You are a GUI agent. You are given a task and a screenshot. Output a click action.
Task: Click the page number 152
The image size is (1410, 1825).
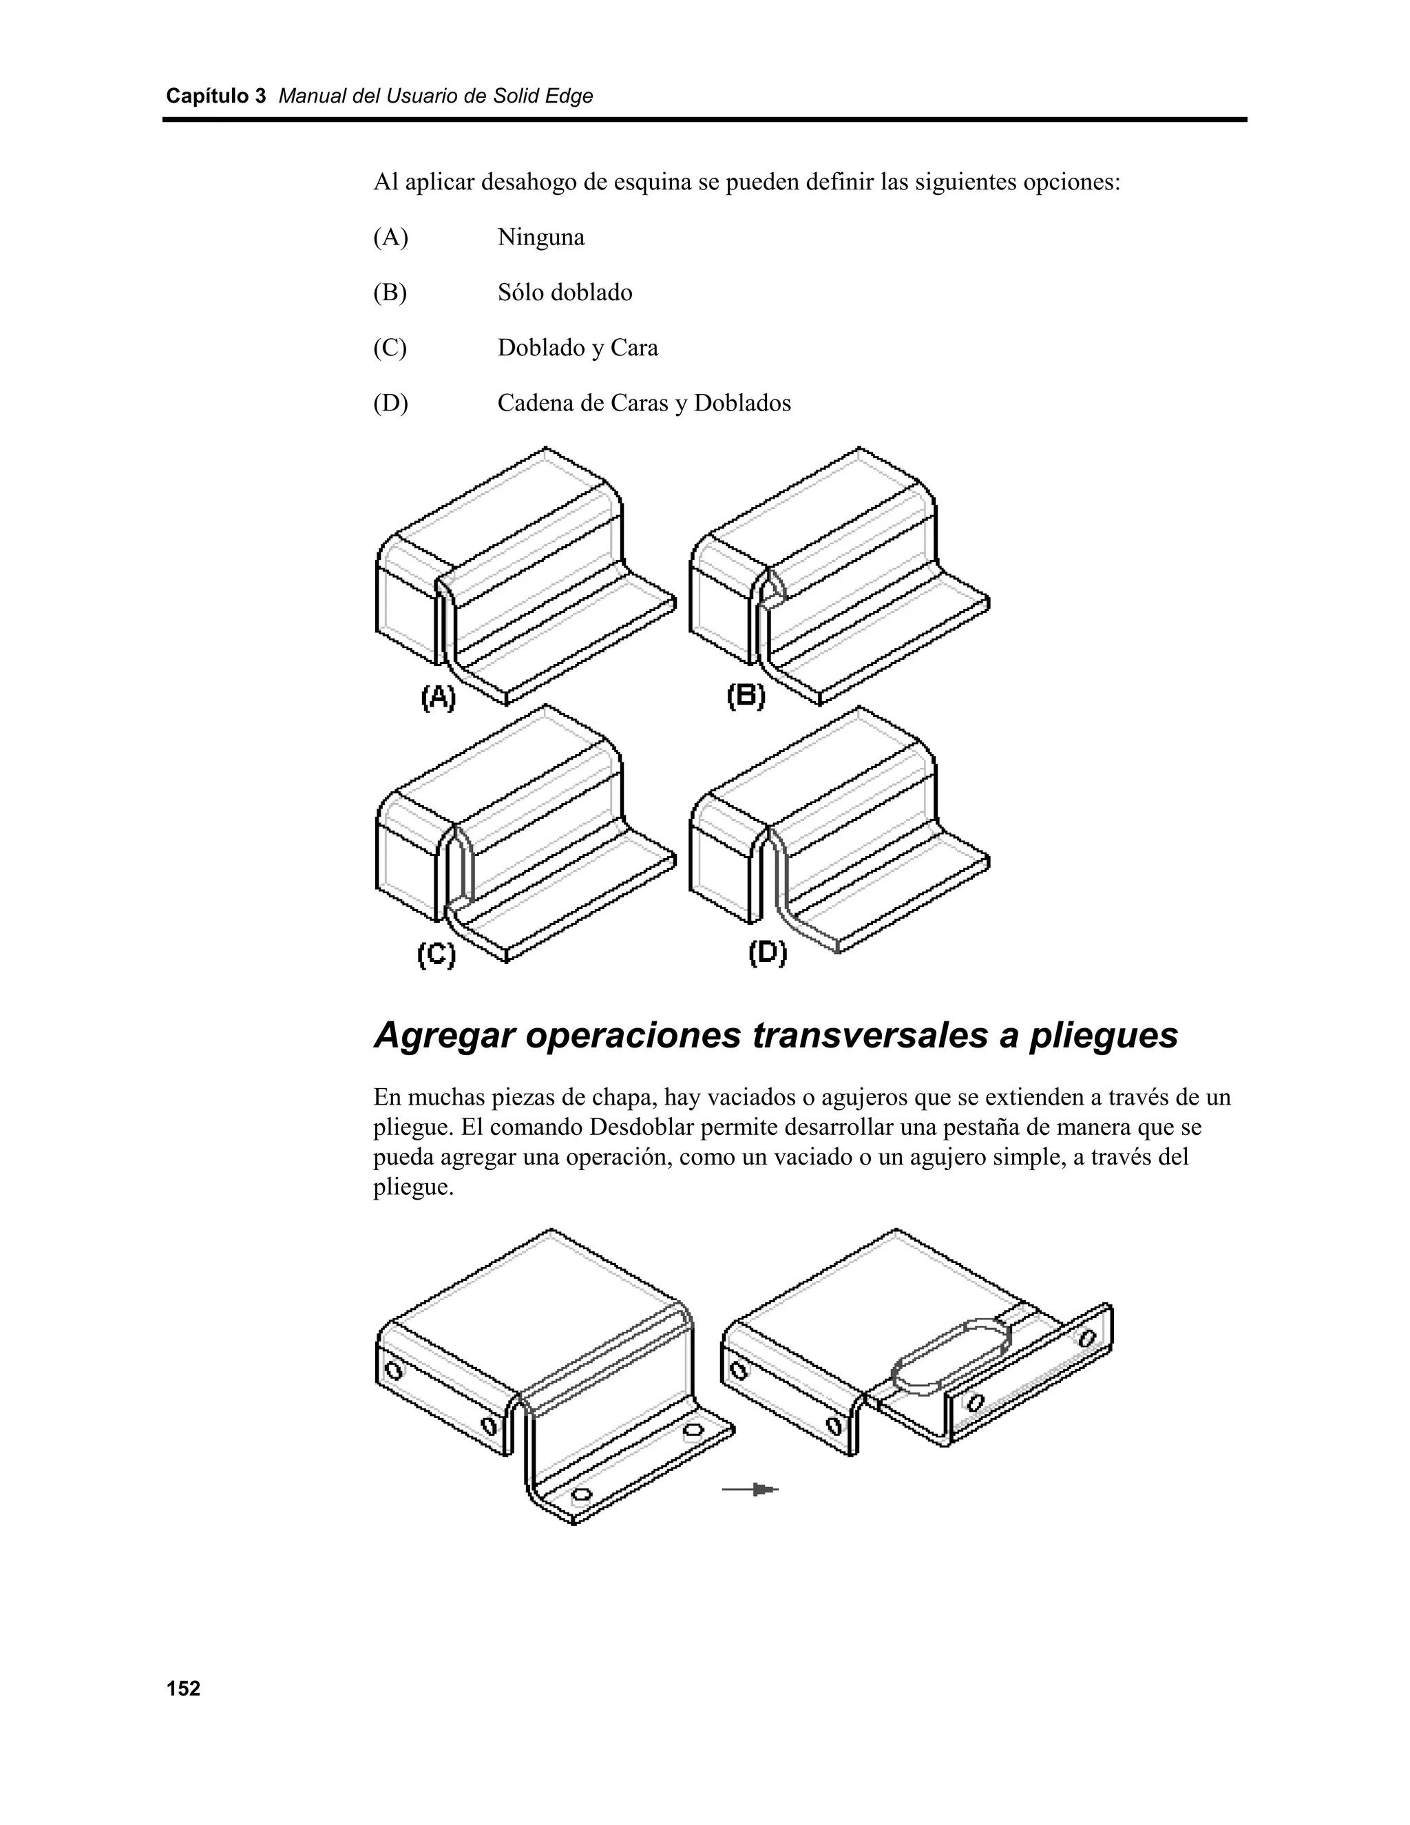pos(183,1689)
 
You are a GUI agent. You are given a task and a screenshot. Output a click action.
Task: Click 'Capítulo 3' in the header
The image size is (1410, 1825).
pos(215,96)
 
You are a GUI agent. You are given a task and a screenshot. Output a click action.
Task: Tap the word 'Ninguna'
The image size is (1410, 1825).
pos(540,238)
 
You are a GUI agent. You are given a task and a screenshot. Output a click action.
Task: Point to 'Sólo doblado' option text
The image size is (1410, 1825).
pos(565,293)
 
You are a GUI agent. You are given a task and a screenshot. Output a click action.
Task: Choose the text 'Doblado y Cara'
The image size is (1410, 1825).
pos(577,348)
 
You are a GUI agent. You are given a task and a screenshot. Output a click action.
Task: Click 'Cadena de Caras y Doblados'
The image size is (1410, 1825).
pos(643,403)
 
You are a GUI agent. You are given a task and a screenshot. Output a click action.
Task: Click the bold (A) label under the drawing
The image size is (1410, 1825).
pos(438,697)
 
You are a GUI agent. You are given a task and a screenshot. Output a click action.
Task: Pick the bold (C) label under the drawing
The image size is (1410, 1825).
pos(436,955)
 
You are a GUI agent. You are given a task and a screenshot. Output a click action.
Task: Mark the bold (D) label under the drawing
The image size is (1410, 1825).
pos(767,952)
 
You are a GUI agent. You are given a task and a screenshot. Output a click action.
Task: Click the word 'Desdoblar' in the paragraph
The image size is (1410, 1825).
pos(642,1127)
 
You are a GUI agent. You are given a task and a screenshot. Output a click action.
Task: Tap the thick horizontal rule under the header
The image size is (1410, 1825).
pos(704,120)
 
